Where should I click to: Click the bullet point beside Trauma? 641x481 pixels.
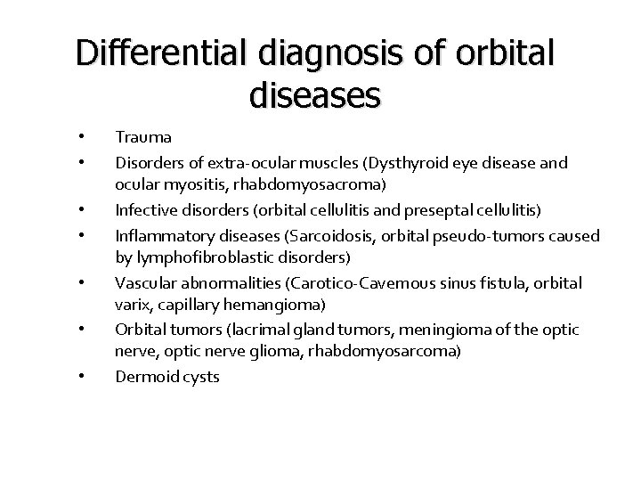click(x=81, y=137)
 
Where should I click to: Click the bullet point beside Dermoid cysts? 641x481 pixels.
click(x=81, y=376)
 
